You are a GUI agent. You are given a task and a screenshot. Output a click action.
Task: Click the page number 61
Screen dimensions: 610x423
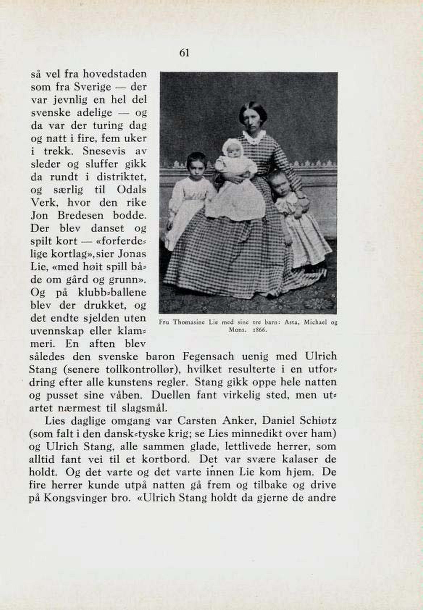click(x=184, y=53)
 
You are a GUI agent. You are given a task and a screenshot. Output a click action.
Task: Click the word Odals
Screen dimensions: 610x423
click(x=132, y=190)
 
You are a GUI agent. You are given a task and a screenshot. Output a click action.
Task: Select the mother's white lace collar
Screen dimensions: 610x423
click(x=254, y=137)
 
